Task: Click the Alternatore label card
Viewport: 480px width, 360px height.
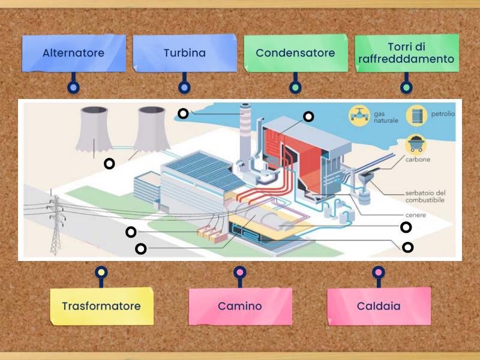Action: click(x=73, y=53)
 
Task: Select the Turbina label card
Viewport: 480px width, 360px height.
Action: click(x=184, y=53)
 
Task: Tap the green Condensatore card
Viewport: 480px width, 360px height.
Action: click(x=295, y=53)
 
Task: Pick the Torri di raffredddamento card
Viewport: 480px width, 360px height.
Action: click(x=406, y=53)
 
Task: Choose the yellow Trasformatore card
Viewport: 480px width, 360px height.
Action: click(x=101, y=306)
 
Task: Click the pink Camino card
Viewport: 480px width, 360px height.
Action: click(x=240, y=306)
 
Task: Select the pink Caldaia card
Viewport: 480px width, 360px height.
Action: click(x=379, y=306)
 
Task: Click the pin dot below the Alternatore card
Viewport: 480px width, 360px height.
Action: click(x=73, y=88)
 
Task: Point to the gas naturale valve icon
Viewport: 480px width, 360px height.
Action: click(x=359, y=115)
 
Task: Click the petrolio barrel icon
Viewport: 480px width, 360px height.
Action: click(x=416, y=115)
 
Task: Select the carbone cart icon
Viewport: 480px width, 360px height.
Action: click(x=415, y=145)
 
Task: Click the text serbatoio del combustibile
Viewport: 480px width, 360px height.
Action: click(x=425, y=196)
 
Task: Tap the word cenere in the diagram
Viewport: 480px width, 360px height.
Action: click(x=415, y=214)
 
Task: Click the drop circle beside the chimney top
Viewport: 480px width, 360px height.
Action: click(x=183, y=113)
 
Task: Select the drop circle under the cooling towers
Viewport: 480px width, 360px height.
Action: click(x=109, y=163)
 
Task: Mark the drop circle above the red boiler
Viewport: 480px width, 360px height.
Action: click(x=308, y=116)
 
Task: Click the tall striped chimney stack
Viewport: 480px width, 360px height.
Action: click(x=244, y=135)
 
